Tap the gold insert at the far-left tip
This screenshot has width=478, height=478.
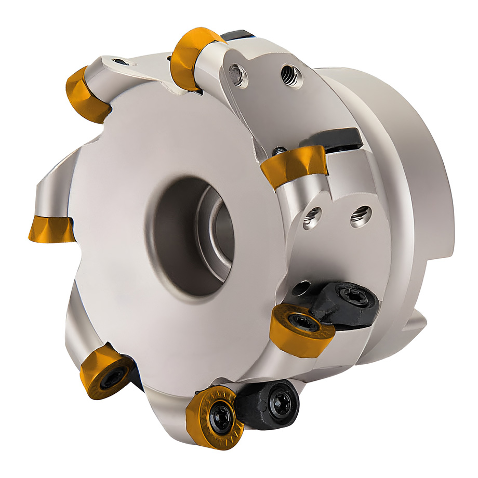coord(51,230)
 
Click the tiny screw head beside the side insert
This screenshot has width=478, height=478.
coord(279,151)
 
